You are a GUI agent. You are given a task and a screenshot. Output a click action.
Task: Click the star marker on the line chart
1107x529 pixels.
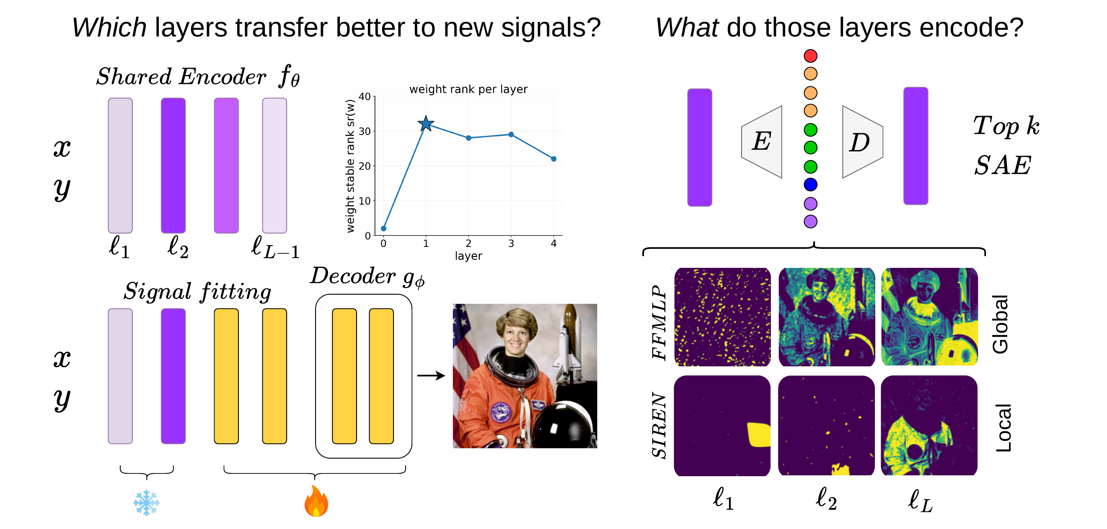pos(426,124)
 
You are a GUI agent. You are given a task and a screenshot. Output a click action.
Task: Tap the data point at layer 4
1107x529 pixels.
pos(553,159)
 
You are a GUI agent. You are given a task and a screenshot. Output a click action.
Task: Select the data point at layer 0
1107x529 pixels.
pos(384,228)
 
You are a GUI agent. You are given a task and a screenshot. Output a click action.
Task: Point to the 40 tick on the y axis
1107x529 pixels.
pos(365,96)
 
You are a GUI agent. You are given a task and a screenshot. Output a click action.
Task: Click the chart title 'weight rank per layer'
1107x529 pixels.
pos(468,89)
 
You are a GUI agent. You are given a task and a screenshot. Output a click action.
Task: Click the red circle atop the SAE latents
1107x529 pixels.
pos(810,56)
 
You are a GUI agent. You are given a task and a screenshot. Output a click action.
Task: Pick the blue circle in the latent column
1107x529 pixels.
pos(810,184)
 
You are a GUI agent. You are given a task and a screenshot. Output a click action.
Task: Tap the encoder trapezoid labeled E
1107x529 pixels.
pos(761,142)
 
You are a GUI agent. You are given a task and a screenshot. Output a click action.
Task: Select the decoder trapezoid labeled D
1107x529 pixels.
pos(862,142)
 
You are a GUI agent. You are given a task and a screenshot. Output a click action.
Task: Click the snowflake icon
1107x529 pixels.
pos(147,502)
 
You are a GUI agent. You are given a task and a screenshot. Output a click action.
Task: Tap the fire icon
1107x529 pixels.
pos(316,501)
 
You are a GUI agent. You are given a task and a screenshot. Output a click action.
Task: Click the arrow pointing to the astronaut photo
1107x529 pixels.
pos(431,376)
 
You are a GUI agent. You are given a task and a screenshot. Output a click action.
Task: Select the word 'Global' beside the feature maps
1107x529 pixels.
pos(1001,324)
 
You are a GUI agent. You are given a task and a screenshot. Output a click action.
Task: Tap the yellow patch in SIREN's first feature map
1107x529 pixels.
pos(758,435)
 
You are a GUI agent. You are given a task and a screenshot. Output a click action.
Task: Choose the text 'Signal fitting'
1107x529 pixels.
pos(198,292)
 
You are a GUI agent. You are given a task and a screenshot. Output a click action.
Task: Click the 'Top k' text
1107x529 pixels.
pos(1006,126)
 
